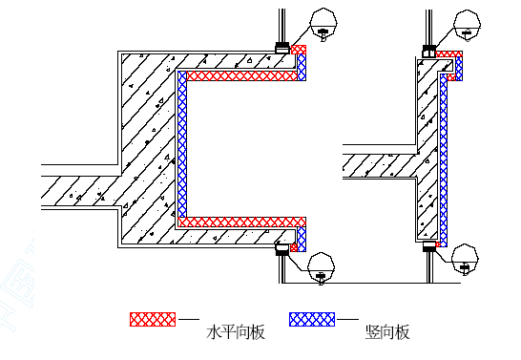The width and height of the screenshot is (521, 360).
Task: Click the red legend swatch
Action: coord(153,319)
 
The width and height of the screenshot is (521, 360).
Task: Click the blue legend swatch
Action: coord(312,319)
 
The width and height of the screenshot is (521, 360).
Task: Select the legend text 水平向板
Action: coord(236,332)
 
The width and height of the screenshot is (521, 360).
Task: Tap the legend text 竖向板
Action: coord(387,332)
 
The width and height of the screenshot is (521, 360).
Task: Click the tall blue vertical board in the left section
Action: coord(182,144)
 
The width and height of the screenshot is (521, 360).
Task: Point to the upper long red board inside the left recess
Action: coord(242,75)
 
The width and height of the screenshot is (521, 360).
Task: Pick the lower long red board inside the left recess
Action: coord(242,222)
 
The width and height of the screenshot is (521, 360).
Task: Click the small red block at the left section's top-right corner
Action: coord(299,50)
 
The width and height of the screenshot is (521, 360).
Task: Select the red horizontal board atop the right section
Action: coord(448,53)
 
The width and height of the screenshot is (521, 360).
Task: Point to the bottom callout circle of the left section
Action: coord(321,268)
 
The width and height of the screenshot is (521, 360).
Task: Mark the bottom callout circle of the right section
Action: coord(466,260)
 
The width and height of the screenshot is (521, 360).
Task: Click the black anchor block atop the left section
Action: coord(282,48)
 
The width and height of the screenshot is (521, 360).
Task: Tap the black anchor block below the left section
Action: coord(282,249)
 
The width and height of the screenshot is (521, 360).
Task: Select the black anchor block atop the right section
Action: coord(428,52)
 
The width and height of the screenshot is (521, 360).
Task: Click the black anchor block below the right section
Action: coord(429,246)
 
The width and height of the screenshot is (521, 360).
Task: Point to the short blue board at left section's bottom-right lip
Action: coord(302,239)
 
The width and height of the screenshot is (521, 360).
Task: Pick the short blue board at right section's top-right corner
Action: coord(459,69)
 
